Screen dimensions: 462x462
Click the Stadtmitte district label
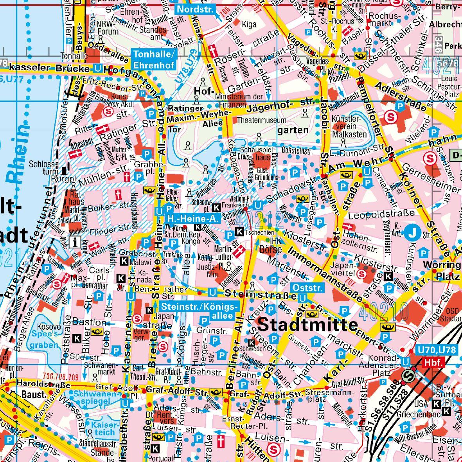click(x=308, y=324)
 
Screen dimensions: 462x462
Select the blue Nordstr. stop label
click(x=194, y=9)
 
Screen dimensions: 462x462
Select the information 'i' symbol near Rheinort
click(x=74, y=242)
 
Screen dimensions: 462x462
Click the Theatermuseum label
click(x=261, y=120)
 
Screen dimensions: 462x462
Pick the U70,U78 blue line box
click(x=436, y=350)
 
